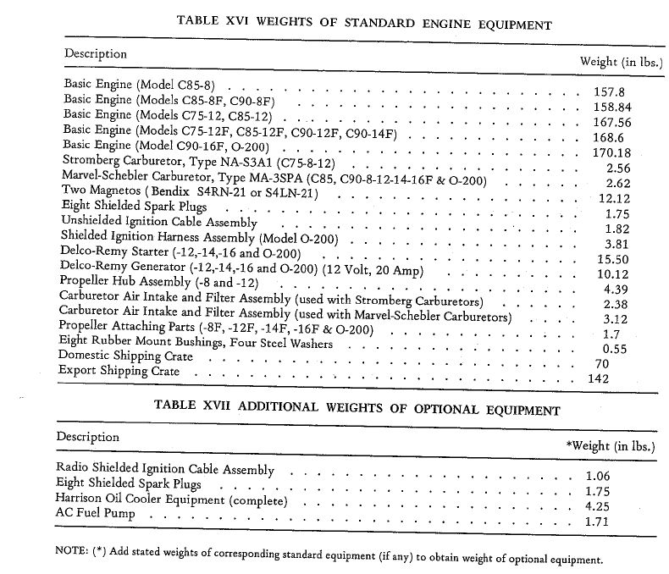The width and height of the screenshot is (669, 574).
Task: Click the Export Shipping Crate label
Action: coord(120,371)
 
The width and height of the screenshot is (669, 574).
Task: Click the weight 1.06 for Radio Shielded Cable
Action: coord(597,475)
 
